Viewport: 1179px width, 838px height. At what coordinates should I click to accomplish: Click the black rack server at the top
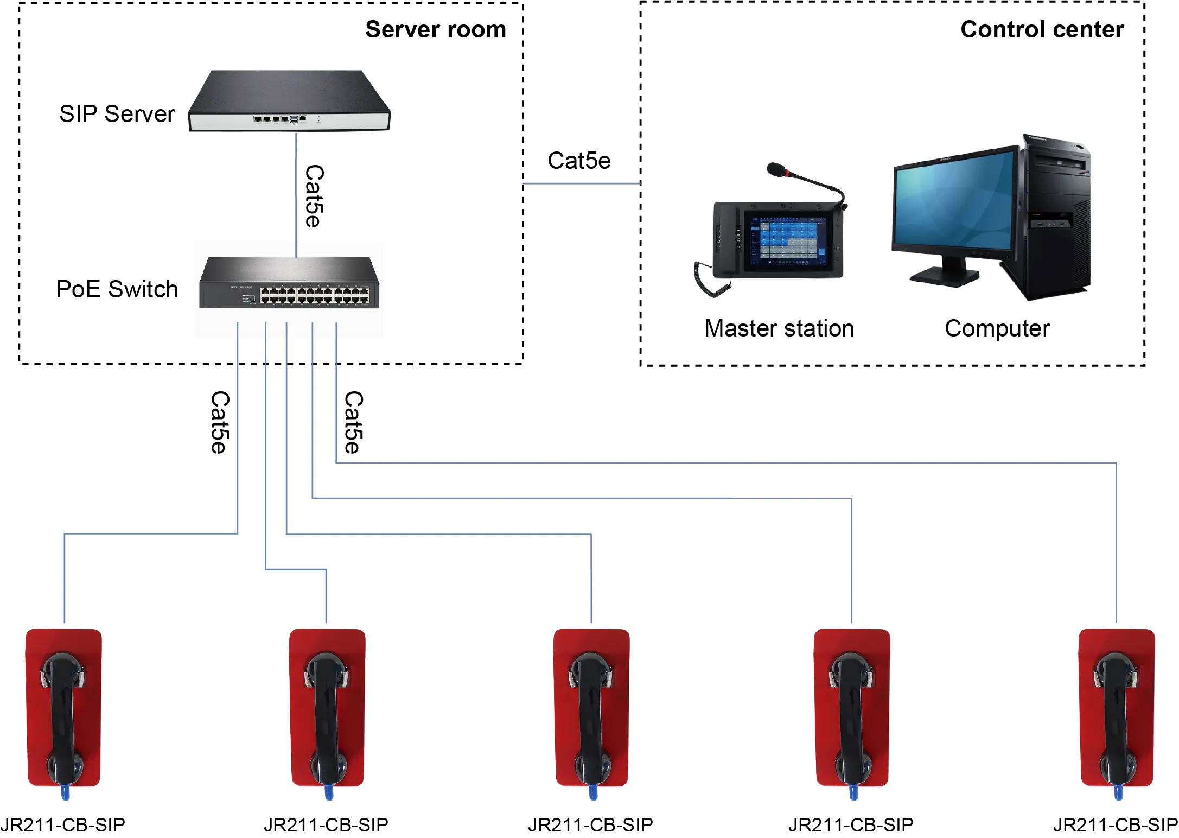tap(290, 100)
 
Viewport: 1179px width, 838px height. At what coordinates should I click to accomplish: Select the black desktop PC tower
tap(1055, 217)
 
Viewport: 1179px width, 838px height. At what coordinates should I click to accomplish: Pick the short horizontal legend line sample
tap(581, 185)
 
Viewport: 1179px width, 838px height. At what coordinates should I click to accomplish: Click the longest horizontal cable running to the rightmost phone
tap(727, 462)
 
